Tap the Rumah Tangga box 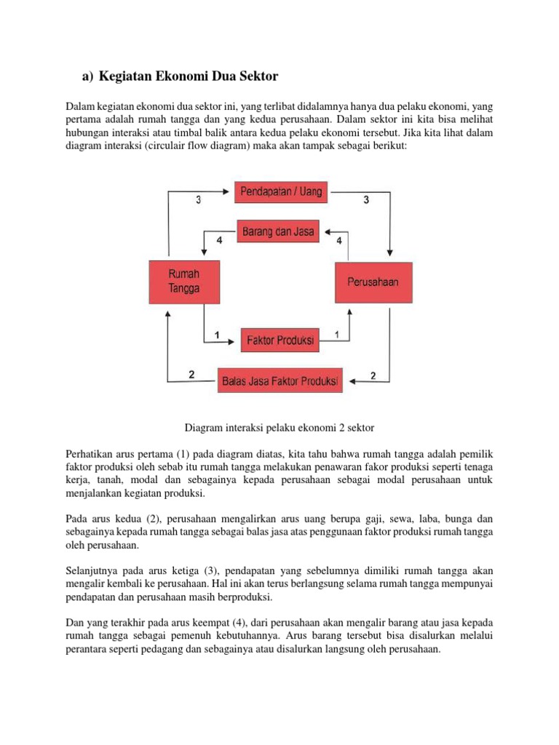point(183,282)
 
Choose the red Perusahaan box point(372,282)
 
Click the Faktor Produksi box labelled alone point(279,340)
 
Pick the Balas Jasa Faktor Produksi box point(279,380)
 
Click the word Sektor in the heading point(255,76)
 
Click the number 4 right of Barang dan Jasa point(338,239)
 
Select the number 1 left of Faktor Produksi point(217,335)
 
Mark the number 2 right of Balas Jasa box point(373,375)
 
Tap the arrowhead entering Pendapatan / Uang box point(229,193)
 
